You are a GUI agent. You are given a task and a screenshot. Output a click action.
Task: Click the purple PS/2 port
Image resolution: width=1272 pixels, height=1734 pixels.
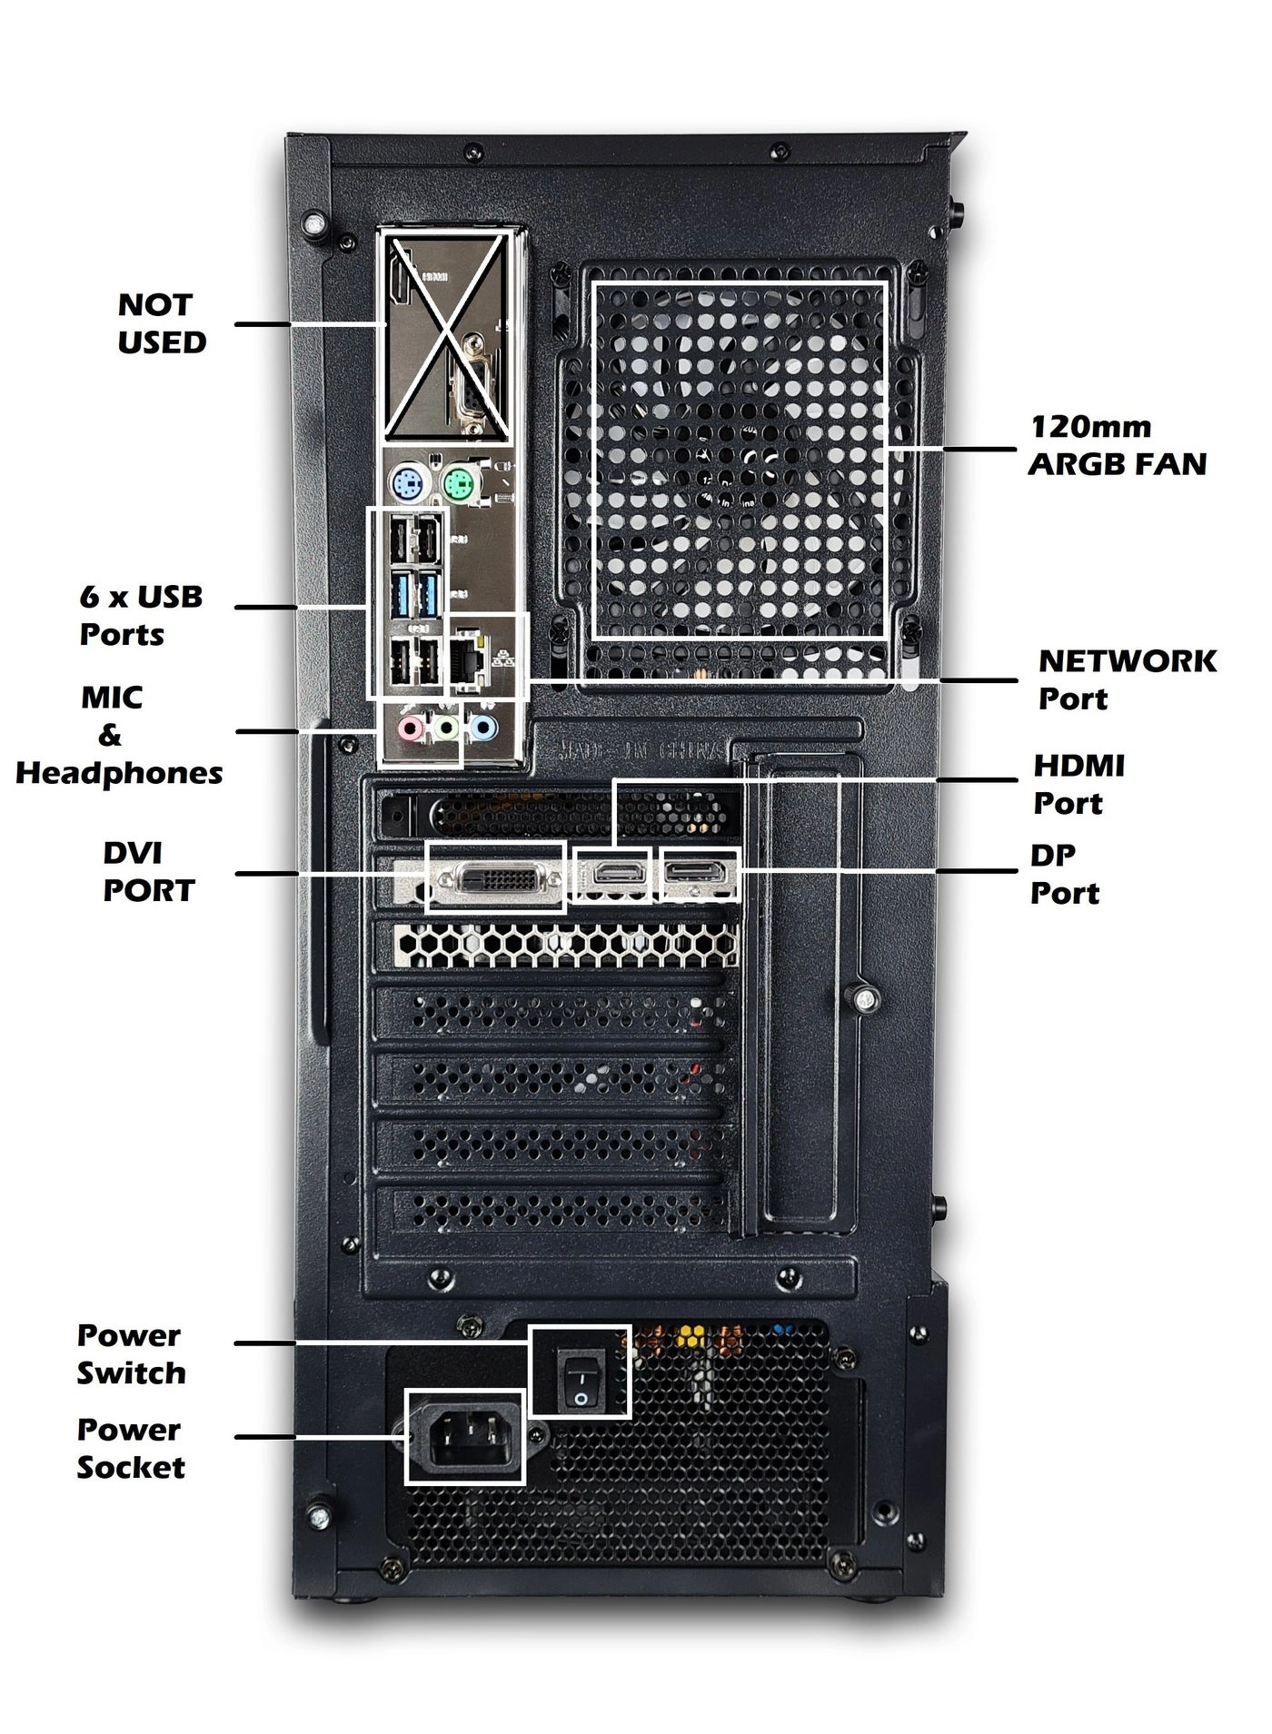click(x=408, y=482)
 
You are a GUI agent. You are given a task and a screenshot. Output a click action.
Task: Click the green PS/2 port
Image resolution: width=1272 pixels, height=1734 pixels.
click(x=462, y=482)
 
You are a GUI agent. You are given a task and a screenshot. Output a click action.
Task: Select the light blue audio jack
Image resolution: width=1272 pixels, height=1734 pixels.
click(x=483, y=728)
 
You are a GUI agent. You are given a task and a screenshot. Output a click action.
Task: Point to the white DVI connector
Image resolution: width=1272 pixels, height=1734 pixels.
click(x=495, y=877)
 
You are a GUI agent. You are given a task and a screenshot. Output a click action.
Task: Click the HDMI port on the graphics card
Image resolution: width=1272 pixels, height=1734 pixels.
click(x=619, y=873)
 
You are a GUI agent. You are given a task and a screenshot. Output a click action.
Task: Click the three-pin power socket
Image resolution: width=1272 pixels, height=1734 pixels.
click(x=464, y=1436)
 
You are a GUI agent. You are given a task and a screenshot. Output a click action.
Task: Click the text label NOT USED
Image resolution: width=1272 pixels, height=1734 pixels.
click(x=162, y=323)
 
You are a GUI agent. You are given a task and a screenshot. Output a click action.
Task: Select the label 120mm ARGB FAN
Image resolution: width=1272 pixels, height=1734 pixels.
click(x=1117, y=445)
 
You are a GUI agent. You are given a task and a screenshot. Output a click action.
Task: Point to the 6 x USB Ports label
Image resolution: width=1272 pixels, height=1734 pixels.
click(x=141, y=615)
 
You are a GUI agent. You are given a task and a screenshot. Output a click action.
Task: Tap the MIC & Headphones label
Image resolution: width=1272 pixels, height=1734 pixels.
click(x=118, y=735)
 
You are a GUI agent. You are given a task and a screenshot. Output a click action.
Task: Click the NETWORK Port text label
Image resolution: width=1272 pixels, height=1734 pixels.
click(x=1127, y=679)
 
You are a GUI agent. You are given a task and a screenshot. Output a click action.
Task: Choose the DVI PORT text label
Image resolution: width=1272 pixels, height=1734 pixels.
click(x=148, y=872)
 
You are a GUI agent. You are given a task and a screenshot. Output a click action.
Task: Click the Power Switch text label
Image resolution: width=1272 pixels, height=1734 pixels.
click(x=131, y=1354)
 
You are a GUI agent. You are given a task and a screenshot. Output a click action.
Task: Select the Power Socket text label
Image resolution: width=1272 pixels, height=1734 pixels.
click(x=131, y=1448)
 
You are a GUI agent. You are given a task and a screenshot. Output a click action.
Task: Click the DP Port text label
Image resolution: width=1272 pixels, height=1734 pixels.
click(x=1064, y=874)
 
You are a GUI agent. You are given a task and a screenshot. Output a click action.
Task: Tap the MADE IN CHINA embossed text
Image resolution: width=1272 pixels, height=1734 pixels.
click(x=641, y=750)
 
